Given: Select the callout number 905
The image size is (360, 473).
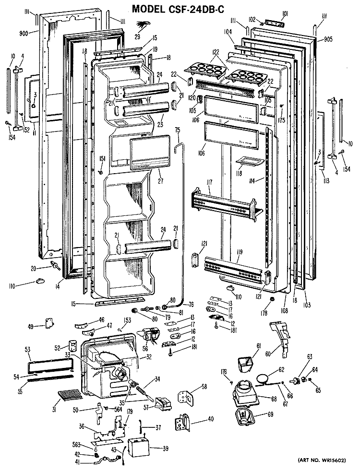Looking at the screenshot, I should [328, 39].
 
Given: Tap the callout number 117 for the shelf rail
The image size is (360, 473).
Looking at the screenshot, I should [209, 182].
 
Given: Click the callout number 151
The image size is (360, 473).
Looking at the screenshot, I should [102, 158].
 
